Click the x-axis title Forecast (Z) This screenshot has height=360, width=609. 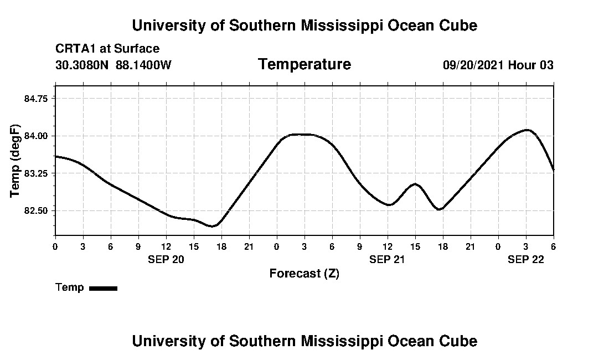click(304, 273)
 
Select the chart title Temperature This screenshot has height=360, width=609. click(304, 65)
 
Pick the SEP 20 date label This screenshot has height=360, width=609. click(166, 259)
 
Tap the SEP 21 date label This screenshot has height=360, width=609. click(388, 259)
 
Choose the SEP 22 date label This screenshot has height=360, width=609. click(526, 259)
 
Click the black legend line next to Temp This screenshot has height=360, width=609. click(103, 288)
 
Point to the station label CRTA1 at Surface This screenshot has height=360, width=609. click(107, 49)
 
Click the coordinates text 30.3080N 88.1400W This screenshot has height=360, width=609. click(113, 65)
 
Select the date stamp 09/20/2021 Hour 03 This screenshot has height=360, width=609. click(498, 65)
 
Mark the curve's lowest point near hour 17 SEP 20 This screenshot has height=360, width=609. click(211, 226)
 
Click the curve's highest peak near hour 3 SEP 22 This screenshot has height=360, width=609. click(527, 130)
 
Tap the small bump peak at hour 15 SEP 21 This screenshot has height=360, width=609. click(415, 184)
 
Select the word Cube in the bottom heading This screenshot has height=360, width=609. click(459, 341)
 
